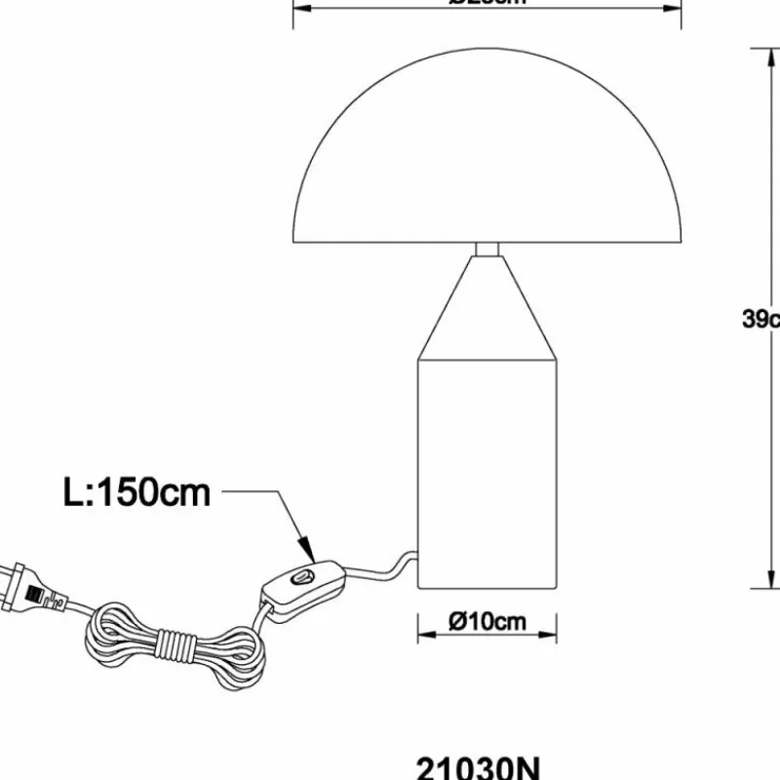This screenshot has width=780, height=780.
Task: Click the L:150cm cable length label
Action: pyautogui.click(x=136, y=492)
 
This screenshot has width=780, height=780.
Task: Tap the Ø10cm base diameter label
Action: pyautogui.click(x=487, y=621)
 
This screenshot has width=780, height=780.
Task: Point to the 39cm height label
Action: pyautogui.click(x=760, y=319)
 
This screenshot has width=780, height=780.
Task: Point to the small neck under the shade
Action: pyautogui.click(x=487, y=249)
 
